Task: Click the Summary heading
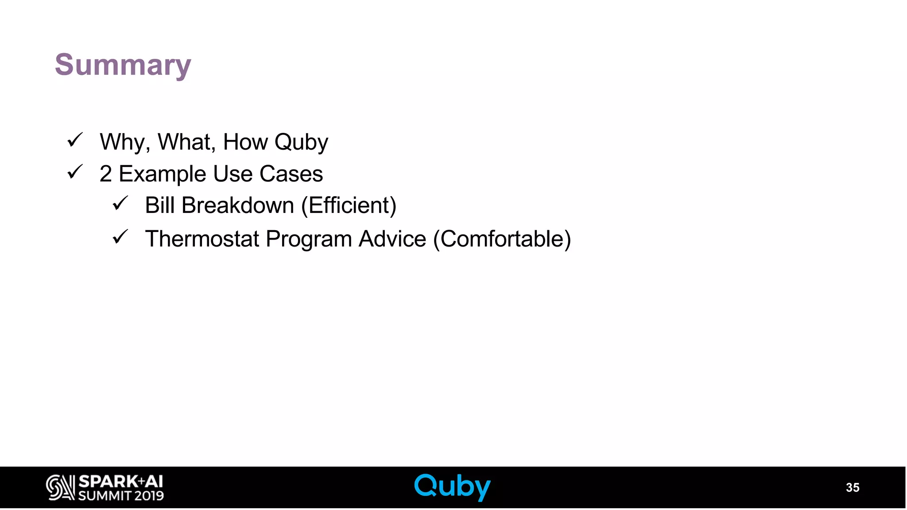(x=123, y=65)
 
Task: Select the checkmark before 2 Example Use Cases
(x=75, y=172)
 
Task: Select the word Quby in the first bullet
(x=301, y=143)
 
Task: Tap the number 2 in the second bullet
(x=105, y=174)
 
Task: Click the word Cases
(x=291, y=174)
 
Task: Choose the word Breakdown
(x=238, y=205)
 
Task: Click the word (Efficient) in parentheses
(x=349, y=205)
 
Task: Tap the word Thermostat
(x=202, y=239)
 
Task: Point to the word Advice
(x=392, y=239)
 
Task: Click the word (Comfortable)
(x=502, y=239)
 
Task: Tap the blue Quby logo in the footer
(x=452, y=487)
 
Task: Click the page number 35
(x=852, y=487)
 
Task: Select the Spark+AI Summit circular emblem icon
(x=60, y=487)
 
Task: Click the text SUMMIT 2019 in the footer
(x=121, y=495)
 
